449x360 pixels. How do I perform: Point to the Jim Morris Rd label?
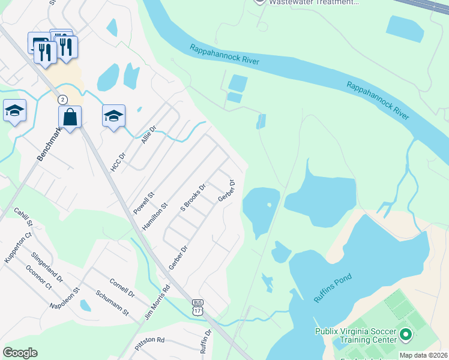click(x=158, y=301)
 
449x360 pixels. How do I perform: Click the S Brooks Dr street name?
click(x=193, y=197)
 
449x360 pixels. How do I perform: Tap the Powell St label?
click(x=144, y=203)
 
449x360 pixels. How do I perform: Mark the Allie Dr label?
click(x=148, y=137)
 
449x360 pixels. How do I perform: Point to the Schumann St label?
click(x=113, y=302)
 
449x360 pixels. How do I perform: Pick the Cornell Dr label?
click(x=122, y=287)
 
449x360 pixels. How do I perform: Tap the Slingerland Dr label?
click(x=47, y=267)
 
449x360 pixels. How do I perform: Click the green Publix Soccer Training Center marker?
click(x=405, y=334)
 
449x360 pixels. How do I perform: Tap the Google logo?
click(x=20, y=352)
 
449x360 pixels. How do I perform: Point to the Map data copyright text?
click(x=423, y=355)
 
